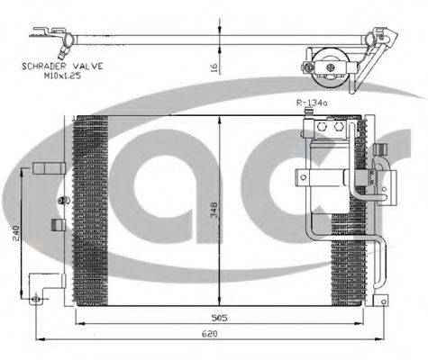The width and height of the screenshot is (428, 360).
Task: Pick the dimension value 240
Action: [15, 232]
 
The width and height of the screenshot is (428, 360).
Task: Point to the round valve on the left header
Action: [61, 199]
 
